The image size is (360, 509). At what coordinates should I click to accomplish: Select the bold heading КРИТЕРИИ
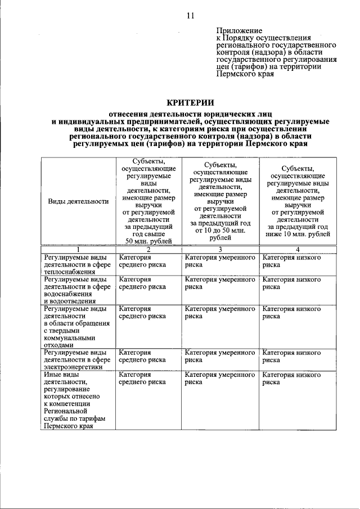click(191, 102)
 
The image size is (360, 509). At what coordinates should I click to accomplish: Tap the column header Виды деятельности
click(78, 201)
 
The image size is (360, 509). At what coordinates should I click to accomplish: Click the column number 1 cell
click(78, 249)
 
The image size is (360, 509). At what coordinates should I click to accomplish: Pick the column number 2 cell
click(148, 249)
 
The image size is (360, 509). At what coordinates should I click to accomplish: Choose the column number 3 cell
click(220, 249)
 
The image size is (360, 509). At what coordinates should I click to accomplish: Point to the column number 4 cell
click(298, 249)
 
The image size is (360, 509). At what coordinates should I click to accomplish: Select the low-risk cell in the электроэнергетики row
click(291, 356)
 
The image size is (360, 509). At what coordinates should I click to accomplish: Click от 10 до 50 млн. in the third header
click(220, 231)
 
